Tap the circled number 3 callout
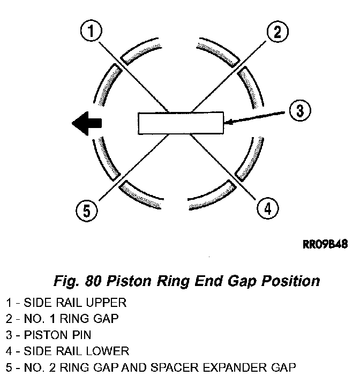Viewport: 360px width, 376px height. point(300,110)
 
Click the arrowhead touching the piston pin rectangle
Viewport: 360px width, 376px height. point(229,123)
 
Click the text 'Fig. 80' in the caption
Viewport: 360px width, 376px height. point(78,281)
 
